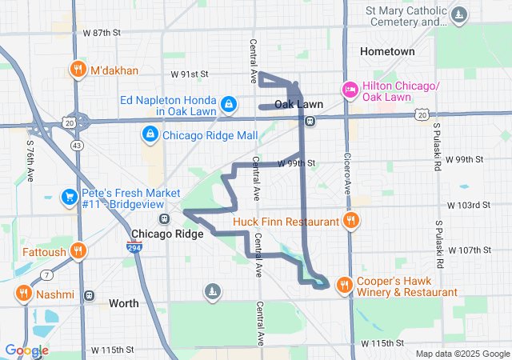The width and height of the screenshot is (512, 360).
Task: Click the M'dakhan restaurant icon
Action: [78, 70]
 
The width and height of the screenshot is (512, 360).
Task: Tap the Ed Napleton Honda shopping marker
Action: [230, 103]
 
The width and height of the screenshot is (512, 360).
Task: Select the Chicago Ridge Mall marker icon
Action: [150, 134]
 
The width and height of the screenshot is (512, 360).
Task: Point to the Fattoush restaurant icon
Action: [78, 250]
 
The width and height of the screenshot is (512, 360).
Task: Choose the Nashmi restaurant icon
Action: [23, 294]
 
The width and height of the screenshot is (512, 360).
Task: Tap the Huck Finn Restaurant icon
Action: [349, 220]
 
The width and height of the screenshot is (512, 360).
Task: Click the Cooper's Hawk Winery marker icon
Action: [344, 283]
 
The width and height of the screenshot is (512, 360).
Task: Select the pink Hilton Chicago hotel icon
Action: [350, 88]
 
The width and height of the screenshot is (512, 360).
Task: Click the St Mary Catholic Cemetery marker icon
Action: [459, 14]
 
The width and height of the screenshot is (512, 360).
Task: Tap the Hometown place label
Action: [387, 51]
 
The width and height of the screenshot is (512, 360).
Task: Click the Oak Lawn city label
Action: [298, 105]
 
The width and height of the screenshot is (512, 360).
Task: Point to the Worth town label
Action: [123, 303]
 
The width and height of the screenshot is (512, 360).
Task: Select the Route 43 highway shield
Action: [77, 145]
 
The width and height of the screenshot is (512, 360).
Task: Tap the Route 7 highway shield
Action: [47, 275]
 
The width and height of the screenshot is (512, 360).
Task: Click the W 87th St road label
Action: [102, 33]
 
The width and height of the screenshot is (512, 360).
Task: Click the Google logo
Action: [26, 350]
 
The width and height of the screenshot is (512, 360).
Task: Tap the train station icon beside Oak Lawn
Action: [309, 121]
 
